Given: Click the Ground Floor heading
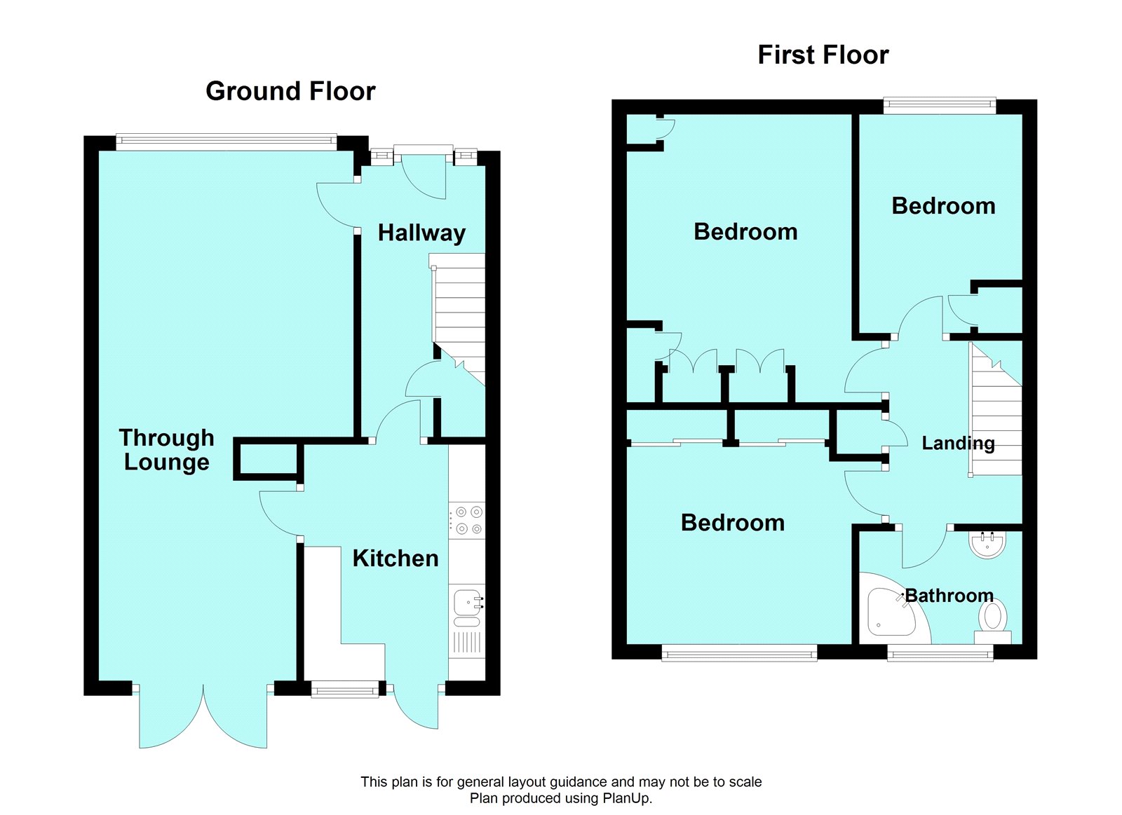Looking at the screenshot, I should (290, 91).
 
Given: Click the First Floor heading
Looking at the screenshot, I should (823, 55).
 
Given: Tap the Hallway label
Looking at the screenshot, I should (421, 233).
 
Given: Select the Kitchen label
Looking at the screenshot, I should (395, 559).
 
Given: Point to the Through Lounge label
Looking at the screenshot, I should (167, 450).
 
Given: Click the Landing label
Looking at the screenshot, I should (957, 443).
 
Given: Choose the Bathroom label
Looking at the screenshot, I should (949, 596).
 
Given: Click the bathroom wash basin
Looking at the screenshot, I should (987, 544).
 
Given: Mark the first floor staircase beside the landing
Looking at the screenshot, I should (996, 413).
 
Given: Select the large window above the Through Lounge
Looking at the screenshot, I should (226, 143).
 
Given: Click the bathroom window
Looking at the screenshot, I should (940, 654).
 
